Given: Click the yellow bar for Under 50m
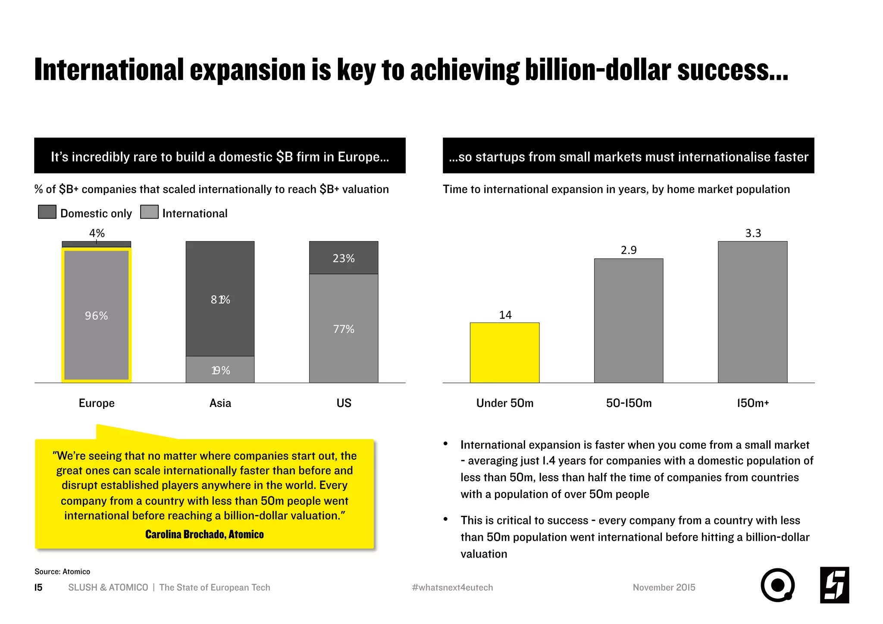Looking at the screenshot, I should click(504, 352).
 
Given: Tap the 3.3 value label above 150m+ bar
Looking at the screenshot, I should click(753, 233).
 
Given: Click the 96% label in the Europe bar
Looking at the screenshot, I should click(96, 316).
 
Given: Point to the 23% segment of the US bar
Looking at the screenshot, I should click(344, 258).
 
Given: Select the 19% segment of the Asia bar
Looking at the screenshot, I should click(220, 370).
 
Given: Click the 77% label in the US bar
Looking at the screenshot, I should click(344, 329).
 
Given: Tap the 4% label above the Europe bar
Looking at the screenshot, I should click(97, 233).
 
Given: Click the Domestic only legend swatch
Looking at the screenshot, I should click(47, 212).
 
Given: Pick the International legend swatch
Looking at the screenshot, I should click(149, 212).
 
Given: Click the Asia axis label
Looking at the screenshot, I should click(220, 403).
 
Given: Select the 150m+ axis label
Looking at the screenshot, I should click(753, 403).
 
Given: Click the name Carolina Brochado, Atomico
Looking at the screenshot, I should click(204, 534).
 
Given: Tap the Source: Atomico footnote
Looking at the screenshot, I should click(62, 571).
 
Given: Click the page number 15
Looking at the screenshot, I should click(38, 587).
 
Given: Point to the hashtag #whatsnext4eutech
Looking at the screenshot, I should click(452, 587).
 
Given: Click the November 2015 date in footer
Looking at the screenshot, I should click(664, 587).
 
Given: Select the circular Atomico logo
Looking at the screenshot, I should click(777, 585).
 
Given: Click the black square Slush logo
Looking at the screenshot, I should click(834, 585).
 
